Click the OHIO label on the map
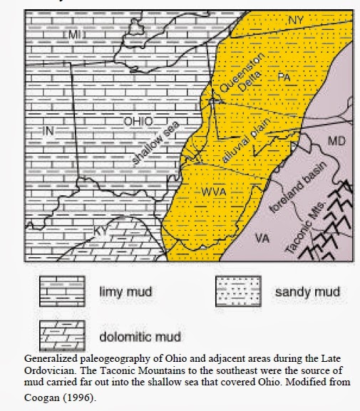(x=139, y=121)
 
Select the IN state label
(x=49, y=130)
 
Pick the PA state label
(x=284, y=75)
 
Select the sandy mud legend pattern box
(x=240, y=291)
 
